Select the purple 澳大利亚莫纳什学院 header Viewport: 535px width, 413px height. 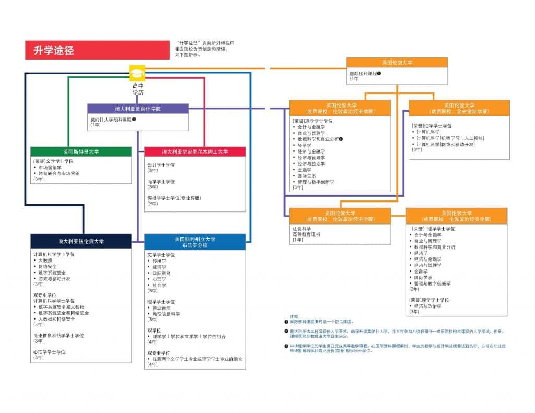tap(138, 109)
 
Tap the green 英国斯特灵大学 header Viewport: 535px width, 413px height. tap(81, 151)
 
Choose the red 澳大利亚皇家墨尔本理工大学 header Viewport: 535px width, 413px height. tap(195, 151)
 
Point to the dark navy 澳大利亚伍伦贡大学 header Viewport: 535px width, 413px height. tap(81, 241)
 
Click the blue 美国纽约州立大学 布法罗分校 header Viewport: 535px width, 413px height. tap(195, 242)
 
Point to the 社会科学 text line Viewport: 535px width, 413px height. tap(302, 228)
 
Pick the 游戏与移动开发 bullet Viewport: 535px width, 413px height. tap(54, 279)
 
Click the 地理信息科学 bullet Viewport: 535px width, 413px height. tap(166, 314)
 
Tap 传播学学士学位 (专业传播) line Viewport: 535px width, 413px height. tap(174, 198)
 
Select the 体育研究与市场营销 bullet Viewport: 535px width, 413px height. tap(59, 173)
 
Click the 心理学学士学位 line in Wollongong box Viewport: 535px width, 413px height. tap(49, 352)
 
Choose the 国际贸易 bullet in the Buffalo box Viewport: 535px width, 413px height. tap(161, 273)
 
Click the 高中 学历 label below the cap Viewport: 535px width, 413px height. tap(138, 88)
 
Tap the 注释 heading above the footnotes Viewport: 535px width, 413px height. tap(294, 317)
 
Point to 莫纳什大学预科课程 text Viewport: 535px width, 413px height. tap(111, 120)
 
